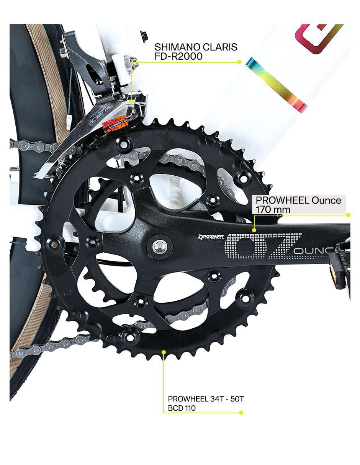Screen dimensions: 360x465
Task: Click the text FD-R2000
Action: pyautogui.click(x=178, y=56)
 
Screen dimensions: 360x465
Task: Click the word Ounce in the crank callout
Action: pyautogui.click(x=326, y=200)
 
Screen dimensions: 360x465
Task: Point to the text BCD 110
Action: pyautogui.click(x=182, y=408)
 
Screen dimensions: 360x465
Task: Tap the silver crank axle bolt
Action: pyautogui.click(x=159, y=247)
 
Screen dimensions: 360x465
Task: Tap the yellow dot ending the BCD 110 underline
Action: pyautogui.click(x=241, y=413)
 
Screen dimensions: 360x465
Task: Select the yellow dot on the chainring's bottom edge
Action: pyautogui.click(x=164, y=352)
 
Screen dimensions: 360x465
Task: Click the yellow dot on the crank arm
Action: pyautogui.click(x=254, y=230)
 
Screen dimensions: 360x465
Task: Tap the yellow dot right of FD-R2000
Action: pyautogui.click(x=240, y=62)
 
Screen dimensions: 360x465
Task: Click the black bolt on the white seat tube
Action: pyautogui.click(x=144, y=35)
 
